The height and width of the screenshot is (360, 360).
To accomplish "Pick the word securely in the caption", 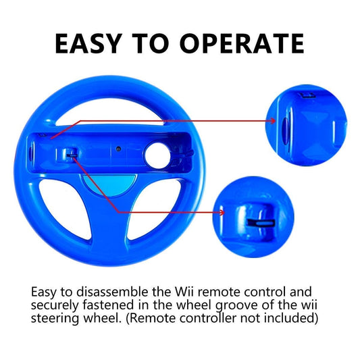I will coord(55,305).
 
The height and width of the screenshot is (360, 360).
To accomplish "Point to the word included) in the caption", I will coord(291,317).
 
